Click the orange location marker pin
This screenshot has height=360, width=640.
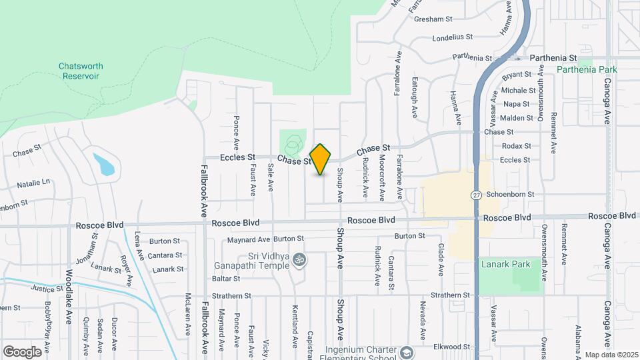[x=321, y=159]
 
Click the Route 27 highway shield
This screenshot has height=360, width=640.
[x=475, y=195]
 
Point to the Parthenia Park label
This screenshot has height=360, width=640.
[x=587, y=69]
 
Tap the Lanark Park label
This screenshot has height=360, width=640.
[x=506, y=264]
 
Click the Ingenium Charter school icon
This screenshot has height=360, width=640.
[x=406, y=351]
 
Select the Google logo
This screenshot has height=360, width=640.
[x=22, y=352]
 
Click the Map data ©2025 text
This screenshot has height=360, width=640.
[x=611, y=355]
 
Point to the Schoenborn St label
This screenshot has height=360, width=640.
[x=510, y=194]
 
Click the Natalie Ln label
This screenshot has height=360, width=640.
[x=33, y=182]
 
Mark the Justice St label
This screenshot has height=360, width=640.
[x=47, y=289]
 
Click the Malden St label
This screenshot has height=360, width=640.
[x=517, y=118]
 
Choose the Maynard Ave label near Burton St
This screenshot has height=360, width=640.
[x=249, y=239]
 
